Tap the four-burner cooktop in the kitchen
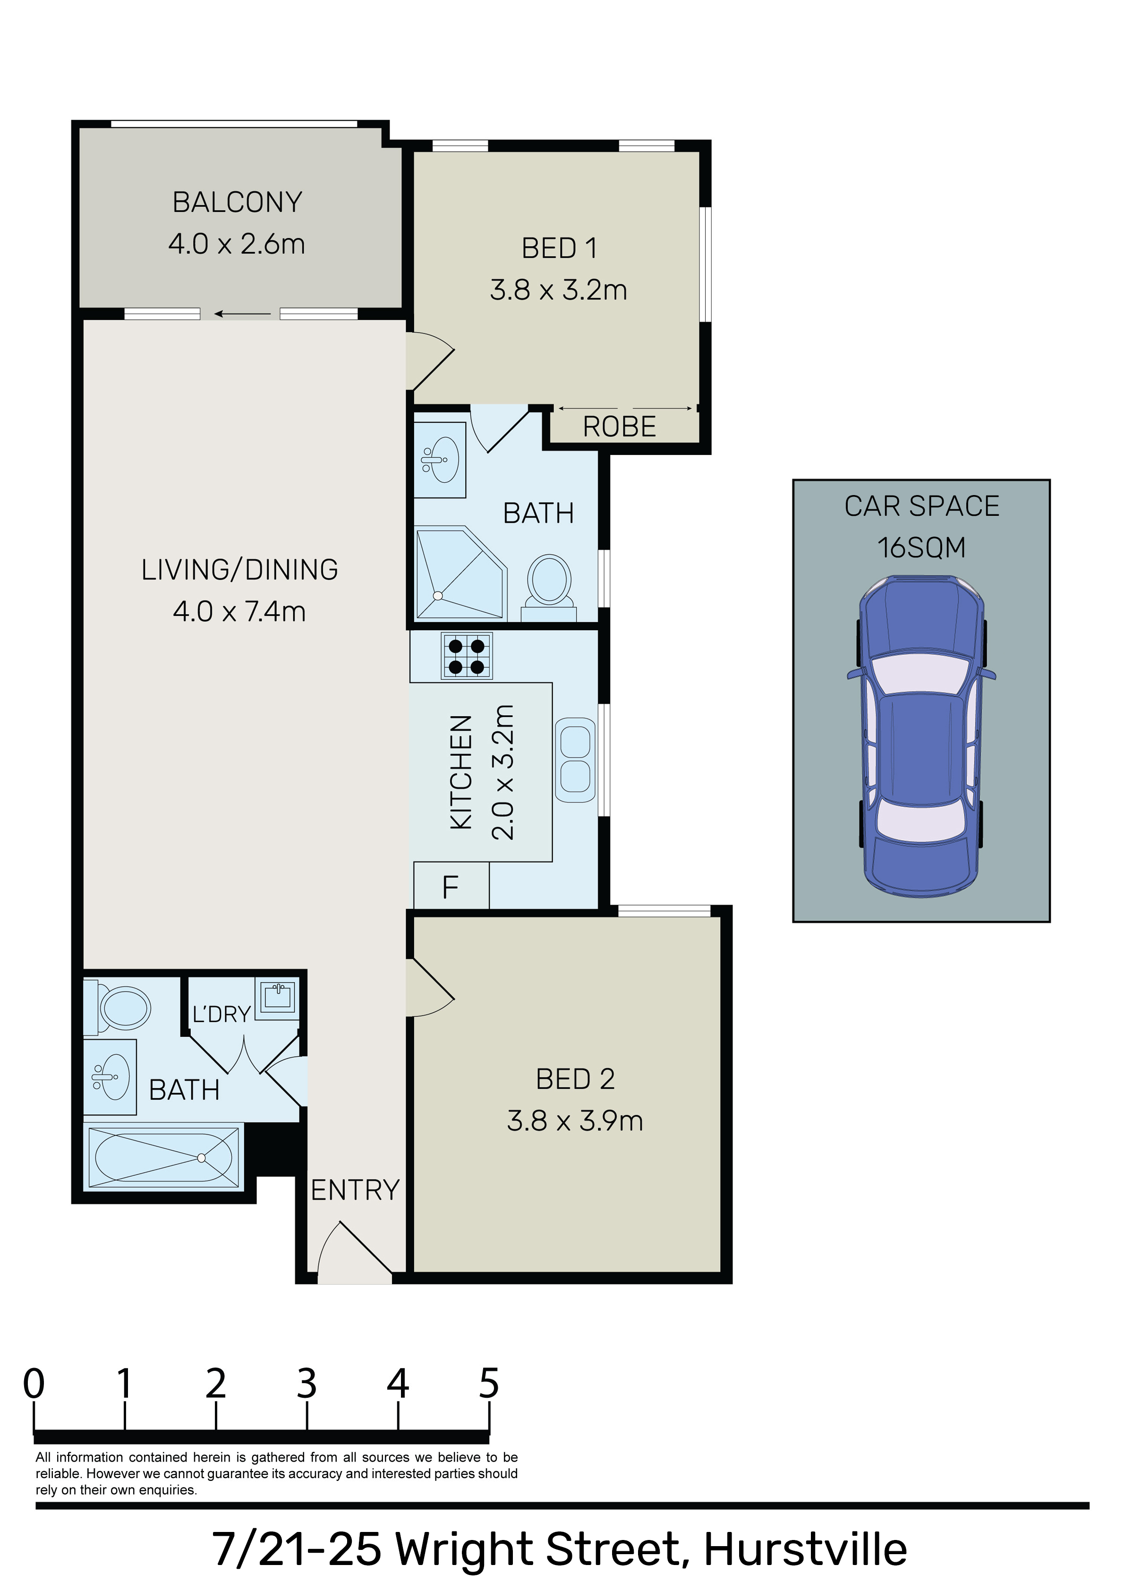pyautogui.click(x=467, y=656)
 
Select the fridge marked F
pyautogui.click(x=451, y=886)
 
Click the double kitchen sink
pyautogui.click(x=575, y=760)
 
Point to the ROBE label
pyautogui.click(x=620, y=427)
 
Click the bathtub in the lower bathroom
pyautogui.click(x=163, y=1157)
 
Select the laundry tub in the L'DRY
pyautogui.click(x=278, y=999)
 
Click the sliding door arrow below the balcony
pyautogui.click(x=242, y=314)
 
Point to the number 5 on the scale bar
pyautogui.click(x=488, y=1383)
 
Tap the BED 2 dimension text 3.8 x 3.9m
pyautogui.click(x=575, y=1121)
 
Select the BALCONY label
pyautogui.click(x=237, y=202)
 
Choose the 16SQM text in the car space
pyautogui.click(x=922, y=547)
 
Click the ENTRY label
pyautogui.click(x=355, y=1190)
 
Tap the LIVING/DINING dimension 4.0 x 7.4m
pyautogui.click(x=239, y=611)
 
